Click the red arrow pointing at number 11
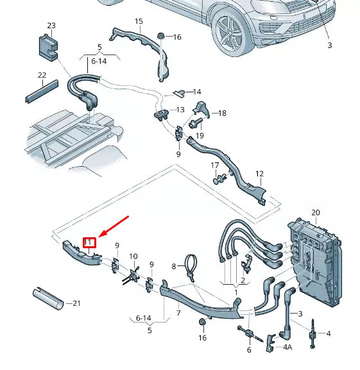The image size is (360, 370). [x=113, y=229]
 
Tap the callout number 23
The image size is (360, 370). [x=51, y=26]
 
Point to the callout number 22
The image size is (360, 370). [x=42, y=76]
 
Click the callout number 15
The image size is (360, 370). [x=139, y=22]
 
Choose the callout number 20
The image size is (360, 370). [x=315, y=212]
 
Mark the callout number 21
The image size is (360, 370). [x=78, y=303]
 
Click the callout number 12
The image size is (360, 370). [x=259, y=174]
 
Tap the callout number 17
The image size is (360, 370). [x=216, y=166]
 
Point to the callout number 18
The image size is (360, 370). [x=222, y=114]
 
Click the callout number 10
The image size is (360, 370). [x=133, y=256]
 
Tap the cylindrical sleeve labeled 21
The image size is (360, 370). [x=47, y=299]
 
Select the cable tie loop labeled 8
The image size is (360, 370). [x=191, y=268]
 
